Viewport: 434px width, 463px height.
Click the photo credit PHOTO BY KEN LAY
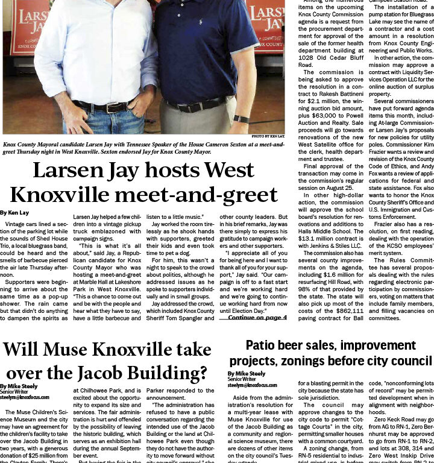coord(268,137)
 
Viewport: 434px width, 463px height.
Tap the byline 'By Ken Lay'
coord(14,213)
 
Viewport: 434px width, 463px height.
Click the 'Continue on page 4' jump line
coord(257,317)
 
